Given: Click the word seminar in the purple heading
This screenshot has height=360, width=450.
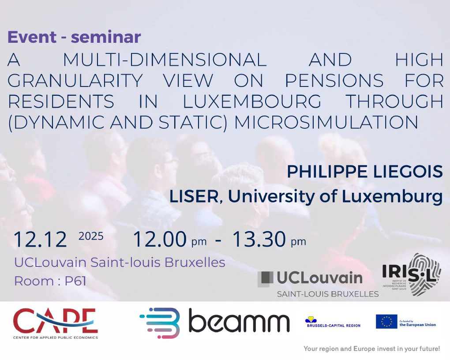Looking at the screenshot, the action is (106, 37).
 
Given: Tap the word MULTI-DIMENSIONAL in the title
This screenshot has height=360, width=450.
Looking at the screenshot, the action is (165, 60).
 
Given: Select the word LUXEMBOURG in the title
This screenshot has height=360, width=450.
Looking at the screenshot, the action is (252, 101).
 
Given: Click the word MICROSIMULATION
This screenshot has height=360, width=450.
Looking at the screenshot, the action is (326, 122).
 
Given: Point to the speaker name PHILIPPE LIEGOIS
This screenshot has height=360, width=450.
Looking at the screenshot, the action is (365, 171).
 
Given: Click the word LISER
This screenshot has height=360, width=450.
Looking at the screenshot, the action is (194, 196).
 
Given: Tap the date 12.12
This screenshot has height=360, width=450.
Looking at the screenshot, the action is (40, 239).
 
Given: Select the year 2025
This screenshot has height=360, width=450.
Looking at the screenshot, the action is (91, 236).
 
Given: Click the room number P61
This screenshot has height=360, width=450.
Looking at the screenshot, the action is (75, 281).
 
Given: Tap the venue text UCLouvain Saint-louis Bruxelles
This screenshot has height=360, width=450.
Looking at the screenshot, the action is (120, 262).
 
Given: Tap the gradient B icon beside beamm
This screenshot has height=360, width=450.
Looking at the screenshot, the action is (161, 322).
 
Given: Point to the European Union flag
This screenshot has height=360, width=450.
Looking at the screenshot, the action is (386, 322).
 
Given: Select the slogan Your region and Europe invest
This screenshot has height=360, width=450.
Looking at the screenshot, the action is (371, 349).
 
